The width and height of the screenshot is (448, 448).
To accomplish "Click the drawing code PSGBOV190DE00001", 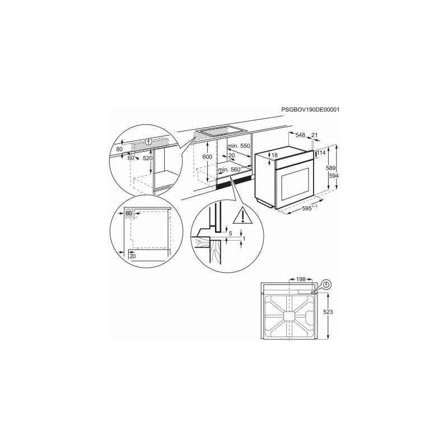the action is pos(310,109).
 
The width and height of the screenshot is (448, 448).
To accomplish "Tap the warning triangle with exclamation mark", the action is pos(242,216).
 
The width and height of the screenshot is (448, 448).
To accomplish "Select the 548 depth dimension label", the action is pos(300,135).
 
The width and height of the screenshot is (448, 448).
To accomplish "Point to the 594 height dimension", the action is pos(334,176).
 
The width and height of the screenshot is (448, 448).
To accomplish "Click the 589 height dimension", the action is pos(331,168).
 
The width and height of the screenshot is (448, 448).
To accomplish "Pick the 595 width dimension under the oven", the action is pos(309,208).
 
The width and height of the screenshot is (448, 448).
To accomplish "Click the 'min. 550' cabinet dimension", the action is pos(239,146).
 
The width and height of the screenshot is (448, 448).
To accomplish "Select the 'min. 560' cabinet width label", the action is pos(230,170).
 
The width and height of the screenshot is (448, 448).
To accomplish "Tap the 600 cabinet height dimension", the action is pos(207,157).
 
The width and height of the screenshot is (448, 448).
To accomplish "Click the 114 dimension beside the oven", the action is pos(321,153).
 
